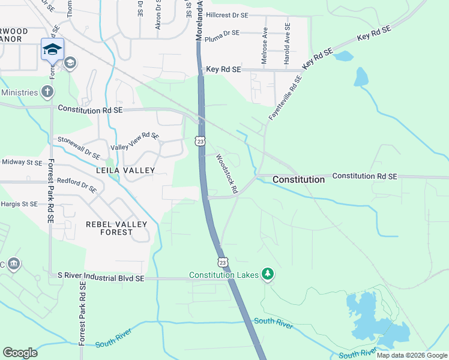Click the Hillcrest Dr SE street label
227,14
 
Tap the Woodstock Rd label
227,174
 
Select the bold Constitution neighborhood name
298,179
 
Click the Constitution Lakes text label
223,275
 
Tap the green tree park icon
268,275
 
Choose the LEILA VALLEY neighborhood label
125,170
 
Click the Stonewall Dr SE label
79,147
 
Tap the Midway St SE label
22,162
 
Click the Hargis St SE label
19,204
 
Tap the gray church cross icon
47,92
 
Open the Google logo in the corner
20,353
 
